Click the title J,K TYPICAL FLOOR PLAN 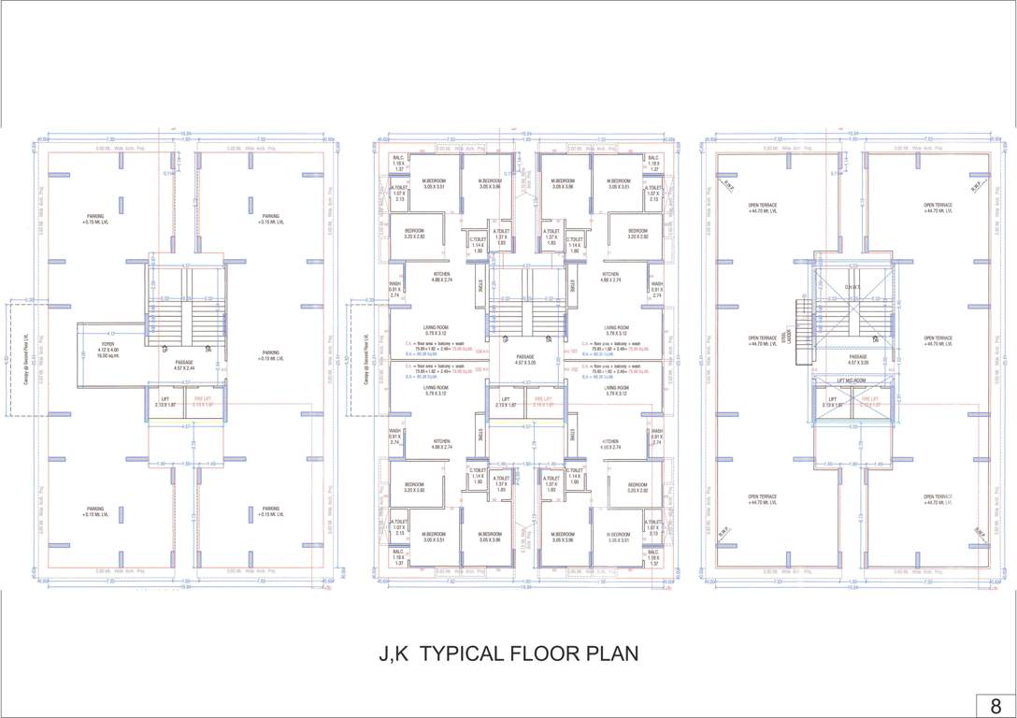(508, 653)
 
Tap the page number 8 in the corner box (996, 706)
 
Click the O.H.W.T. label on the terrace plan (853, 287)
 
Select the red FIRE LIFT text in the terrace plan (870, 402)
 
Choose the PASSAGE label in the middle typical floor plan (525, 359)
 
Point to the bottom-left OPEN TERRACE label (762, 499)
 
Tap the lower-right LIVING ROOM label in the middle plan (615, 390)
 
